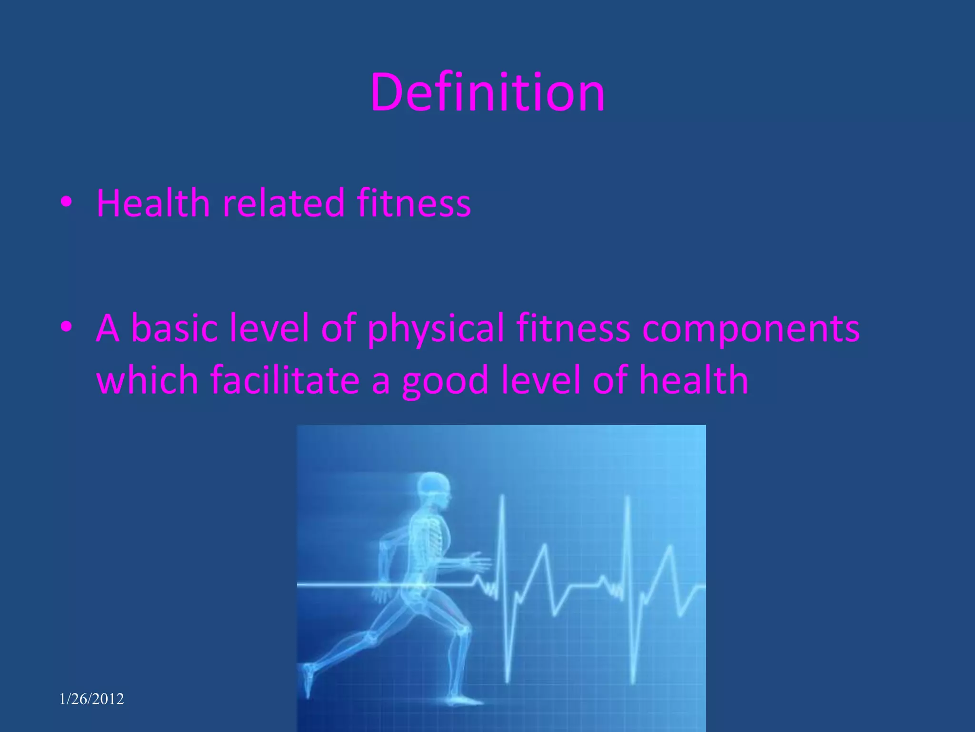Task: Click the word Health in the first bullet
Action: (x=153, y=203)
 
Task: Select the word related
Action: (x=283, y=203)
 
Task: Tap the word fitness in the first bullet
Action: (x=414, y=203)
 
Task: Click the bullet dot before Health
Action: (x=66, y=202)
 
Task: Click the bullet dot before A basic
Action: (x=66, y=327)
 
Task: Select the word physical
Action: (x=435, y=329)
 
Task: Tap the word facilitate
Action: (x=285, y=380)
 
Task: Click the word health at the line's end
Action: (x=693, y=380)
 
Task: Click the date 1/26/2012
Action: (x=91, y=699)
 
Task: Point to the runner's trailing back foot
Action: (x=308, y=677)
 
